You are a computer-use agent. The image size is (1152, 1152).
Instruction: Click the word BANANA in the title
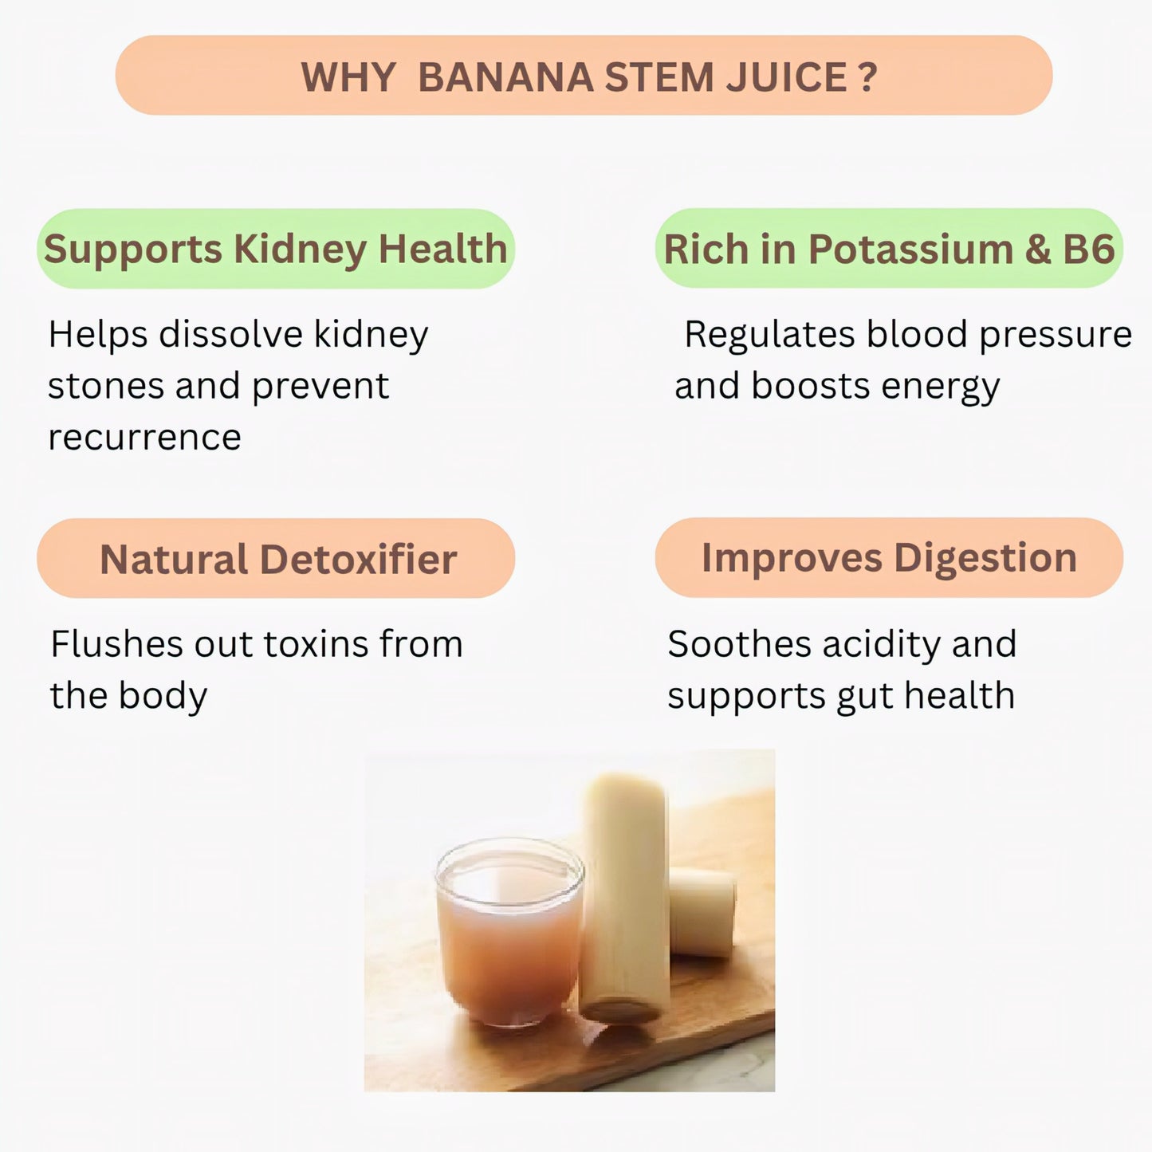pyautogui.click(x=505, y=77)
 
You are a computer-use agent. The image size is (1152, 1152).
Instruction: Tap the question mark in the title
pyautogui.click(x=868, y=77)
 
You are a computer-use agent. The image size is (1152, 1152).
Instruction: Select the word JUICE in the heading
pyautogui.click(x=787, y=77)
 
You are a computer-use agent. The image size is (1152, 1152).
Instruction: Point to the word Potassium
pyautogui.click(x=910, y=250)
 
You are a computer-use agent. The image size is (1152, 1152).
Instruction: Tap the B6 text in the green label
pyautogui.click(x=1088, y=250)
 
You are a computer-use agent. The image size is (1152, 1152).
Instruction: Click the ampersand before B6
pyautogui.click(x=1037, y=250)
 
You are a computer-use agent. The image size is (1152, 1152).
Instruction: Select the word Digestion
pyautogui.click(x=985, y=558)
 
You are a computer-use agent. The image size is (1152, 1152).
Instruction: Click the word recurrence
pyautogui.click(x=144, y=437)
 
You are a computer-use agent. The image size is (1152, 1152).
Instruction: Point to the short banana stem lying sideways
pyautogui.click(x=702, y=913)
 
